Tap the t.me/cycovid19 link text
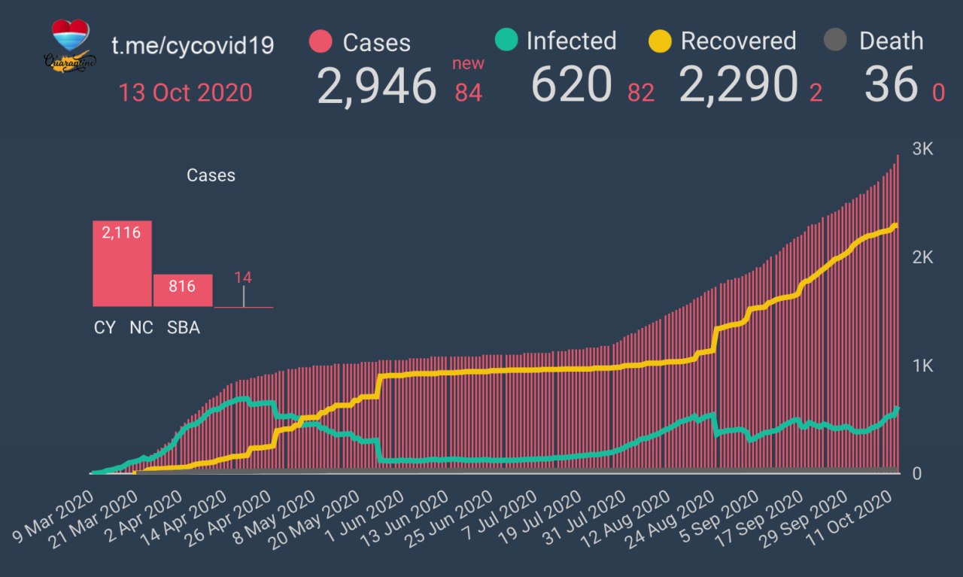pyautogui.click(x=193, y=45)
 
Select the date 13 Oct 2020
pyautogui.click(x=185, y=93)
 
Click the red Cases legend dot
pyautogui.click(x=320, y=41)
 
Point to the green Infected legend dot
pyautogui.click(x=506, y=40)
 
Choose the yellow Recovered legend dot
pyautogui.click(x=660, y=41)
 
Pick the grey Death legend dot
pyautogui.click(x=836, y=41)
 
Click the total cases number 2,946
pyautogui.click(x=376, y=85)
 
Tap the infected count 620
pyautogui.click(x=571, y=84)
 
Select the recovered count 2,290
pyautogui.click(x=737, y=84)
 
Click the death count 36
pyautogui.click(x=890, y=84)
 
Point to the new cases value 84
pyautogui.click(x=468, y=93)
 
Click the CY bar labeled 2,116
pyautogui.click(x=122, y=263)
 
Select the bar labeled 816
pyautogui.click(x=182, y=290)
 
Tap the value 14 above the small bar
pyautogui.click(x=242, y=277)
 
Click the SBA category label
pyautogui.click(x=184, y=328)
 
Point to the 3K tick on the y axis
pyautogui.click(x=922, y=149)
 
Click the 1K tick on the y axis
pyautogui.click(x=922, y=366)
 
